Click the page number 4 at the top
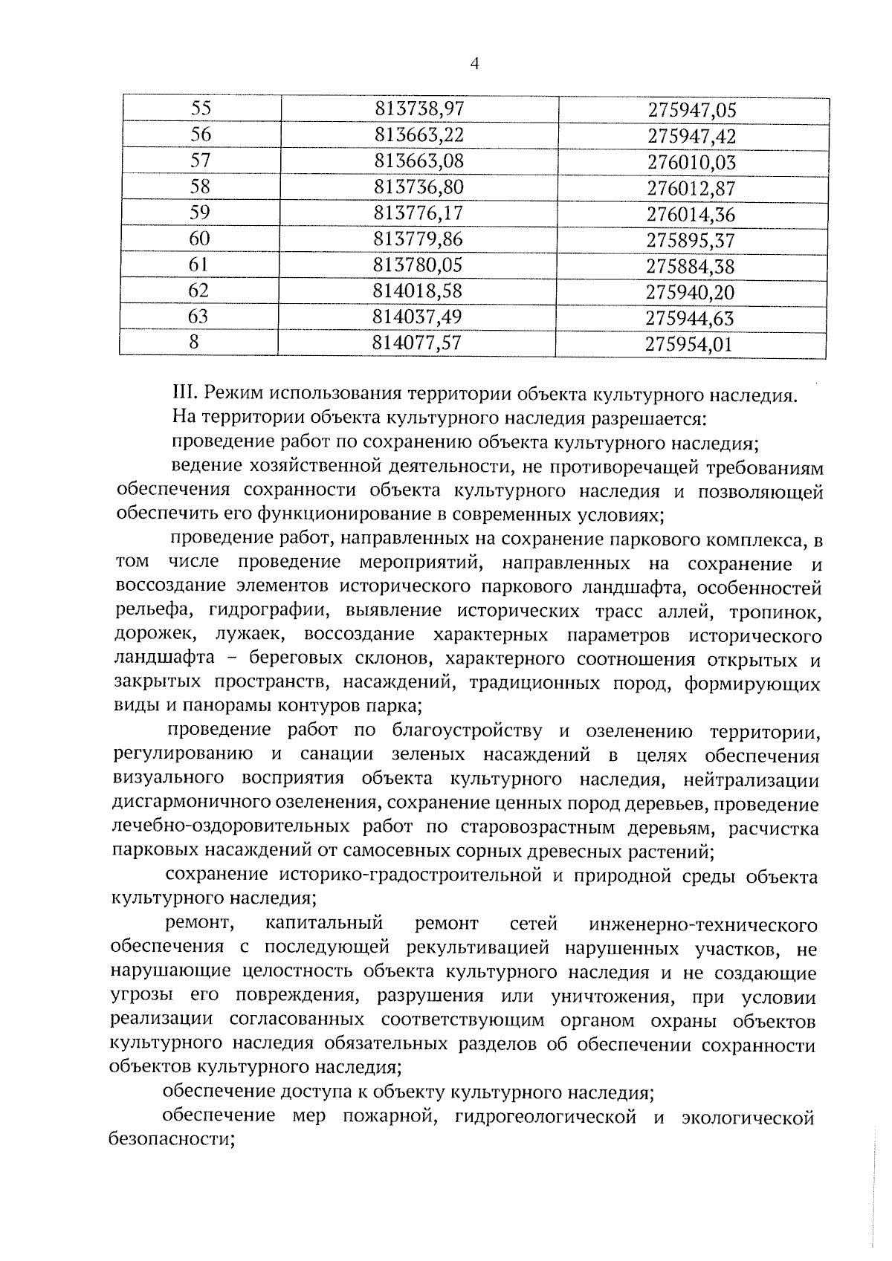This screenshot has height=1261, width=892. [474, 65]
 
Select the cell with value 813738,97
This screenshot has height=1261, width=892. [419, 109]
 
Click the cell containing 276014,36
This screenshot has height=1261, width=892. [691, 215]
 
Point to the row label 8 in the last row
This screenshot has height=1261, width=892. [195, 343]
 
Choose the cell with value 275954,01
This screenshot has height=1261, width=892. [689, 345]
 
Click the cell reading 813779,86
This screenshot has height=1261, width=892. [418, 239]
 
